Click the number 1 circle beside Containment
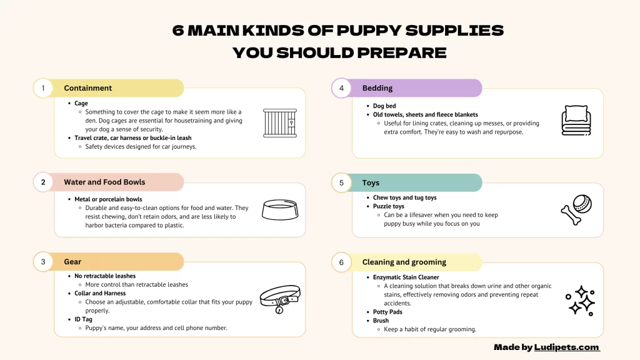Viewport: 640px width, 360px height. click(43, 88)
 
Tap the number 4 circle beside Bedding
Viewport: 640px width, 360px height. click(341, 88)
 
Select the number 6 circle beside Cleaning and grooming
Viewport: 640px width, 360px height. click(341, 262)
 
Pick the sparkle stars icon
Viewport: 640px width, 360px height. click(580, 300)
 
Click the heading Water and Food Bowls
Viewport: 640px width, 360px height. click(104, 182)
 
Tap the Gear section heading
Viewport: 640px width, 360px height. click(72, 262)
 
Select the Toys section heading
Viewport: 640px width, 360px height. click(371, 183)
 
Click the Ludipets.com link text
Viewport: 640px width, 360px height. click(566, 347)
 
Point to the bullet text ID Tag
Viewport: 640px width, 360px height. click(83, 319)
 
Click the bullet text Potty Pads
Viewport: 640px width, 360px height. click(387, 312)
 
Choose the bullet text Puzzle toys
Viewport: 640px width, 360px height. click(389, 206)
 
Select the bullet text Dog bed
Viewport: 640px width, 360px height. click(384, 106)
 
